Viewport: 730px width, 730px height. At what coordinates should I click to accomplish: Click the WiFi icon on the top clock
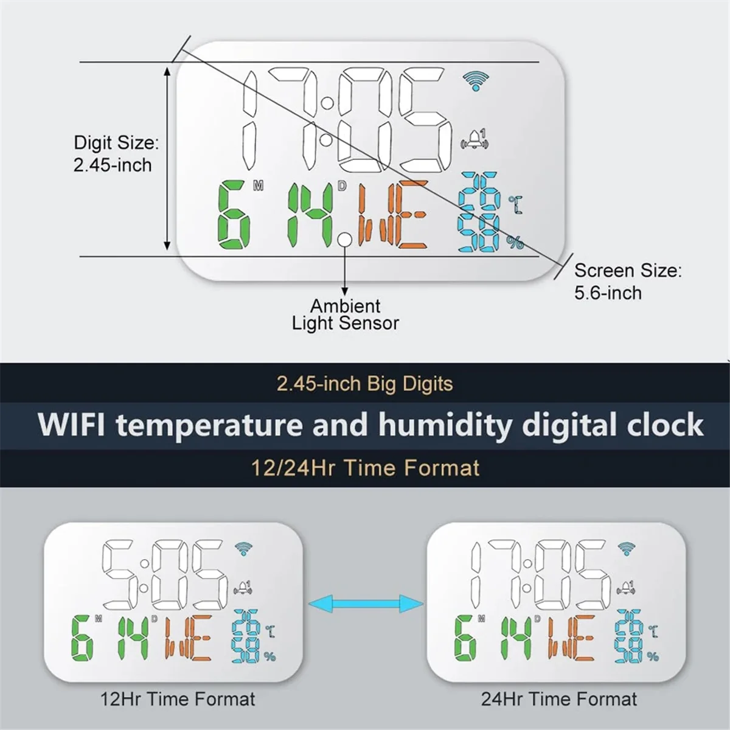pos(475,80)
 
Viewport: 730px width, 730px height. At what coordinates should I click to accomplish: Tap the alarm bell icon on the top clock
pos(476,139)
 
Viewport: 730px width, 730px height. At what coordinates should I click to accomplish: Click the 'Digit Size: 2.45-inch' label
pos(116,154)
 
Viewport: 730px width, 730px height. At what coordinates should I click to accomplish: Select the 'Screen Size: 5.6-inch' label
pos(627,281)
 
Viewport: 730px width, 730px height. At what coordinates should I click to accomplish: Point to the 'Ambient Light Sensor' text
pos(345,315)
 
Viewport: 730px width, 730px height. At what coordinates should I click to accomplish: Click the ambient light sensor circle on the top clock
pos(345,240)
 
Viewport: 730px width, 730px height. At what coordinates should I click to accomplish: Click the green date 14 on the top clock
pos(311,215)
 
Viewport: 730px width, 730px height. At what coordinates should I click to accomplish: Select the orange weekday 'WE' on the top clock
pos(392,215)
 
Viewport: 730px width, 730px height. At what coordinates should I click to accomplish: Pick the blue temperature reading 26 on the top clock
pos(480,192)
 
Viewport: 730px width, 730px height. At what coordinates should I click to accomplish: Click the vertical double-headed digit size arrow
pos(167,159)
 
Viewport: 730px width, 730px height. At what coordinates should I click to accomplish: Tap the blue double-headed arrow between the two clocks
pos(366,604)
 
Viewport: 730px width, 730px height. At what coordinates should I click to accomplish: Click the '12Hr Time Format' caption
pos(178,699)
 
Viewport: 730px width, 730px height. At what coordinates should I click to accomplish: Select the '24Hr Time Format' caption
pos(559,699)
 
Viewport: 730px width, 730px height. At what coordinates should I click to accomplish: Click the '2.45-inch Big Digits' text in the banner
pos(364,384)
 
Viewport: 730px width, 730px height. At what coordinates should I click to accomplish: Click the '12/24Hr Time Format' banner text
pos(365,468)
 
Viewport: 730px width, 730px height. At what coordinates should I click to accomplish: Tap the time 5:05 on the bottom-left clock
pos(164,575)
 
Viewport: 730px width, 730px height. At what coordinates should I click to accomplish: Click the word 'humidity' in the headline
pos(447,425)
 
